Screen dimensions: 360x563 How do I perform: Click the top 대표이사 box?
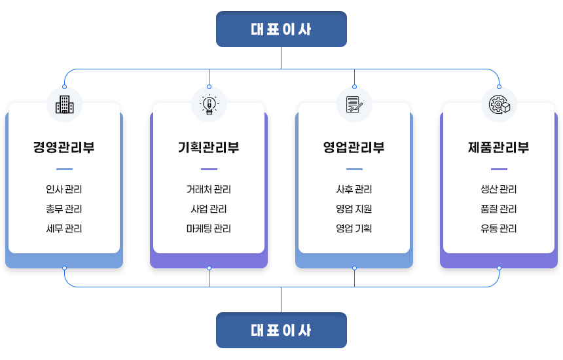coord(281,29)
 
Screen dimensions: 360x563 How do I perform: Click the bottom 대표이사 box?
coord(281,331)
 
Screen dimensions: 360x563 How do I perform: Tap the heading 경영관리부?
coord(64,147)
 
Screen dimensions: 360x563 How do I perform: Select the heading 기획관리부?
coord(209,147)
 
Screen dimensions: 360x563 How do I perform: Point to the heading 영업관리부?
coord(354,147)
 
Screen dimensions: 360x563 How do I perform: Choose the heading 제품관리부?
coord(499,147)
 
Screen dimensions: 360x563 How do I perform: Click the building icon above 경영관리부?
coord(64,105)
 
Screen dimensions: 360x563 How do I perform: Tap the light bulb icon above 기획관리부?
coord(209,105)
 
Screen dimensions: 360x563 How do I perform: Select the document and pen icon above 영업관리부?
coord(354,105)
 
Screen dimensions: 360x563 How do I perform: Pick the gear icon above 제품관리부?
coord(499,105)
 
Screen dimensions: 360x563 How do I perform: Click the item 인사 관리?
coord(64,190)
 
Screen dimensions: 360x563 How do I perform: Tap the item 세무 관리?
coord(64,229)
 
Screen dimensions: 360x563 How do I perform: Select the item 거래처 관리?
coord(209,190)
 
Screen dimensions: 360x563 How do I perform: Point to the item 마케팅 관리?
coord(209,229)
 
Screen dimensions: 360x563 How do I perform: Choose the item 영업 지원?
coord(354,209)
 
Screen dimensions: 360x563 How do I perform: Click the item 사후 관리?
coord(354,190)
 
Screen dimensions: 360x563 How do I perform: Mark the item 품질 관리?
coord(499,209)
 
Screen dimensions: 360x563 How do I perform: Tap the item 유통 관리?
coord(499,229)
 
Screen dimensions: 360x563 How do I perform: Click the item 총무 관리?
coord(64,209)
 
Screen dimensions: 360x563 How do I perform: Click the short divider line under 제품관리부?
coord(499,169)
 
